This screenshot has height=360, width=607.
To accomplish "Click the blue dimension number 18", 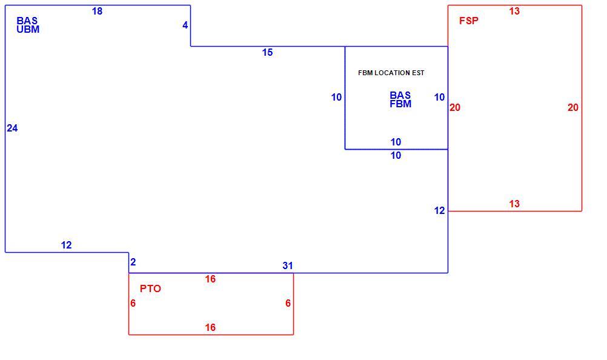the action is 97,12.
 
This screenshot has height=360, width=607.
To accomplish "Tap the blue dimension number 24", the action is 12,128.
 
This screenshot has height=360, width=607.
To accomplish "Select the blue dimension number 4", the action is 185,25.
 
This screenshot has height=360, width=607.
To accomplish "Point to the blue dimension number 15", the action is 268,52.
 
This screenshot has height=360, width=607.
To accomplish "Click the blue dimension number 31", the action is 288,265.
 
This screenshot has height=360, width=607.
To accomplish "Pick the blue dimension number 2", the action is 133,262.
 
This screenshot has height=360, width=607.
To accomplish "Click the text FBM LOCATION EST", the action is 391,73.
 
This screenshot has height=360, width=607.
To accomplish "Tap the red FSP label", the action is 469,21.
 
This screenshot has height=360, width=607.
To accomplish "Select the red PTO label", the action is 150,288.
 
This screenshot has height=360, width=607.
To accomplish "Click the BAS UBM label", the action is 28,25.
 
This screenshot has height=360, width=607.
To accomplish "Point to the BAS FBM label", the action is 400,99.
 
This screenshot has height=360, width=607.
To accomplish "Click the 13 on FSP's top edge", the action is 514,12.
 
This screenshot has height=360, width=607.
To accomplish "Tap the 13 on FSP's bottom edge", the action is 514,204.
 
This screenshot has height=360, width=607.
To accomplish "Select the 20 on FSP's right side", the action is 573,107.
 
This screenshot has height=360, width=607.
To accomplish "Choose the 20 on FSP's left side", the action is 455,107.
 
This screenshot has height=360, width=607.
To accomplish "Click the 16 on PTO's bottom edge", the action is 210,327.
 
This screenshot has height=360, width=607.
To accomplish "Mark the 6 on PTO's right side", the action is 288,303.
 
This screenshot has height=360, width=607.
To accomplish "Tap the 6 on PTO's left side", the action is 133,303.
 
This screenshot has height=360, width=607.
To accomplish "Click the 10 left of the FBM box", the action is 336,97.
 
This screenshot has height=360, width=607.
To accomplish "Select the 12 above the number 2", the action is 66,245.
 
